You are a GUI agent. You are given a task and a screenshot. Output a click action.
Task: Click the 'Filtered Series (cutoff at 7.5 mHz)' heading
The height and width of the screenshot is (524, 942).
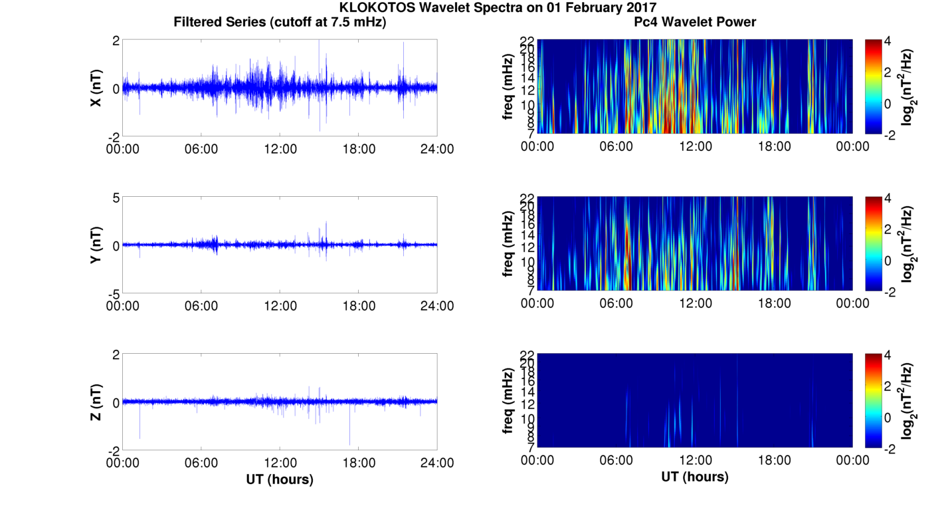280,22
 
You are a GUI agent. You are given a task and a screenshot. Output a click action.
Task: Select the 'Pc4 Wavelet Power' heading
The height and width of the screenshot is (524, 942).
694,22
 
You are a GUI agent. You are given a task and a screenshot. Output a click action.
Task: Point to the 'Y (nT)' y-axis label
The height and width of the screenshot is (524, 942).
96,245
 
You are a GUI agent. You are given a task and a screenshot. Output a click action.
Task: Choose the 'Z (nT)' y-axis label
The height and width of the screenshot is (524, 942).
96,402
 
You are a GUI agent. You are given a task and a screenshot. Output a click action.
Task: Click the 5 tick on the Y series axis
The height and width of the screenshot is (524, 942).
115,198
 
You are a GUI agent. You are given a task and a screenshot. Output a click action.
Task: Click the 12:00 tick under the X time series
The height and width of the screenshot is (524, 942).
280,149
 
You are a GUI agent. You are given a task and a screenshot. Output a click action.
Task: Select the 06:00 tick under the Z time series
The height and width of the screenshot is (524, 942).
201,463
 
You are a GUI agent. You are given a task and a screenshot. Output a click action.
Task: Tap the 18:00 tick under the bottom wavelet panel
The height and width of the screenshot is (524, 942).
774,461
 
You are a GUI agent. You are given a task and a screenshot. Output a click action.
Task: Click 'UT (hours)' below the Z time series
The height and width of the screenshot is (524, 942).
280,479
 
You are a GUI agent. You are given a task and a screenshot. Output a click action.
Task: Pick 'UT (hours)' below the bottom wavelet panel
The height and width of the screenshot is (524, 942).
694,477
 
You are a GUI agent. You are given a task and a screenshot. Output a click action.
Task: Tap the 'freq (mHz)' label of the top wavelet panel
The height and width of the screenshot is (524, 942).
508,86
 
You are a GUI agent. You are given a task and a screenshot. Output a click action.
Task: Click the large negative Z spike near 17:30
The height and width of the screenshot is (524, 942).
349,442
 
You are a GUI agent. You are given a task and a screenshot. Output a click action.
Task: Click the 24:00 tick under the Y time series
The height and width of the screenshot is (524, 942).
437,306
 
